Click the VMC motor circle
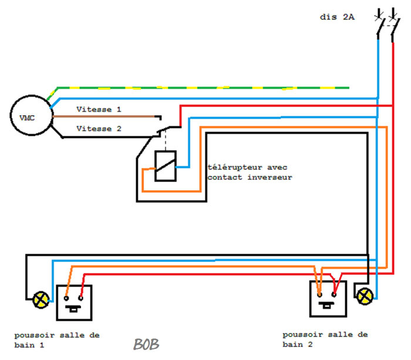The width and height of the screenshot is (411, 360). coord(32,96)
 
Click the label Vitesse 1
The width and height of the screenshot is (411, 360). coord(99,109)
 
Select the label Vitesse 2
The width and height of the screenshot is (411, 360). coord(99,129)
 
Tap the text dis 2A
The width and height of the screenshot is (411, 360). coord(337,17)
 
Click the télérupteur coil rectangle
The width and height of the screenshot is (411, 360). coord(155,166)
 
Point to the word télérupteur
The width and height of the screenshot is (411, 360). coord(235,167)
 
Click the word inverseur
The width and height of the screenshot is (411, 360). coord(269,177)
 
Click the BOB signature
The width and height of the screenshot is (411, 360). coord(146,344)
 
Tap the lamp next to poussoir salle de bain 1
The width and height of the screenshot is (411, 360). coord(41,300)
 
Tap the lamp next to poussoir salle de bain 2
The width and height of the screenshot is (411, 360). coord(365,296)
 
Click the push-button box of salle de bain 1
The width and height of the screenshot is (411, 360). coord(57,302)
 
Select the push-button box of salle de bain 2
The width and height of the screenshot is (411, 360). coord(311,299)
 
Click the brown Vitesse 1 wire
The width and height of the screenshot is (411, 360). coord(103,116)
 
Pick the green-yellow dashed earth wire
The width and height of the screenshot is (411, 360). coord(198,88)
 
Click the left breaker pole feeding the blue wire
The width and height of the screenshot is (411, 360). coord(379,25)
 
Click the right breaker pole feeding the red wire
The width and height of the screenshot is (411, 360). coord(394,25)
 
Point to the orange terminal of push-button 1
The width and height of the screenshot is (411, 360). coord(66,298)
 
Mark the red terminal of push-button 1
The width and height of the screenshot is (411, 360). coord(81,298)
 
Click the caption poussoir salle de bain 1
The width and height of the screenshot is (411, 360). coord(57,340)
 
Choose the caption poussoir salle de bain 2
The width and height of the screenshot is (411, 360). coord(325,339)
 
